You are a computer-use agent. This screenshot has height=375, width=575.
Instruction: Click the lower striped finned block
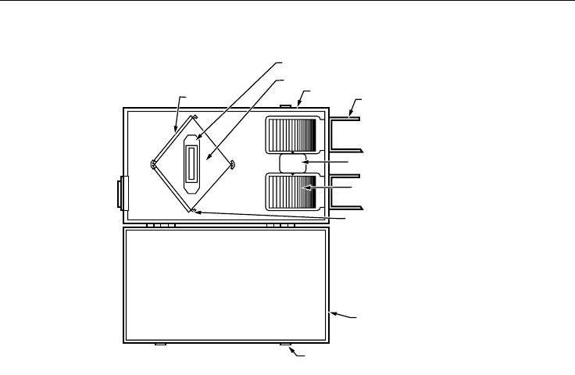(292, 193)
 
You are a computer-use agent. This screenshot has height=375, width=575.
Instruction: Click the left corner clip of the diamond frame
(154, 163)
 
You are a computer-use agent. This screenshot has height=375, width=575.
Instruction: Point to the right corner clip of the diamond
(233, 163)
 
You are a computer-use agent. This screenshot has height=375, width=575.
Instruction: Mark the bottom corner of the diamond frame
(193, 209)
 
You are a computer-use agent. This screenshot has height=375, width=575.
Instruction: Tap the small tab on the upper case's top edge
(286, 105)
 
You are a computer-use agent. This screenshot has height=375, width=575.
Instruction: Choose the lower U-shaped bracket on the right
(345, 191)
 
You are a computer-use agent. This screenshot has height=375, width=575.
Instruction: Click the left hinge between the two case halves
(160, 225)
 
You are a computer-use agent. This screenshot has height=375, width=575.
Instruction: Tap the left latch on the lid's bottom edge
(160, 344)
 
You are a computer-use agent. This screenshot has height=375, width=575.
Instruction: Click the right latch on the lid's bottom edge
(286, 344)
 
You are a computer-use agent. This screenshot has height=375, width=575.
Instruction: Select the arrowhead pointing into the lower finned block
(308, 188)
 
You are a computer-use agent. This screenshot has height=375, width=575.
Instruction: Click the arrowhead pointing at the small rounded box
(305, 161)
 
